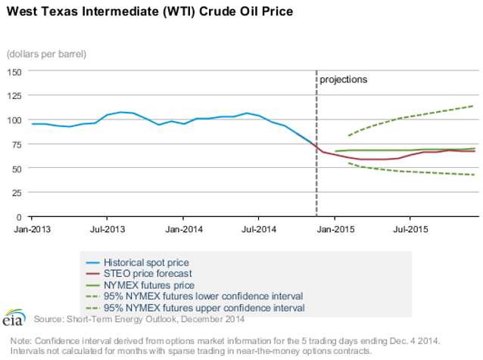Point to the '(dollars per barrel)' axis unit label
click(46, 54)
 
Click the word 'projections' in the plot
click(343, 79)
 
